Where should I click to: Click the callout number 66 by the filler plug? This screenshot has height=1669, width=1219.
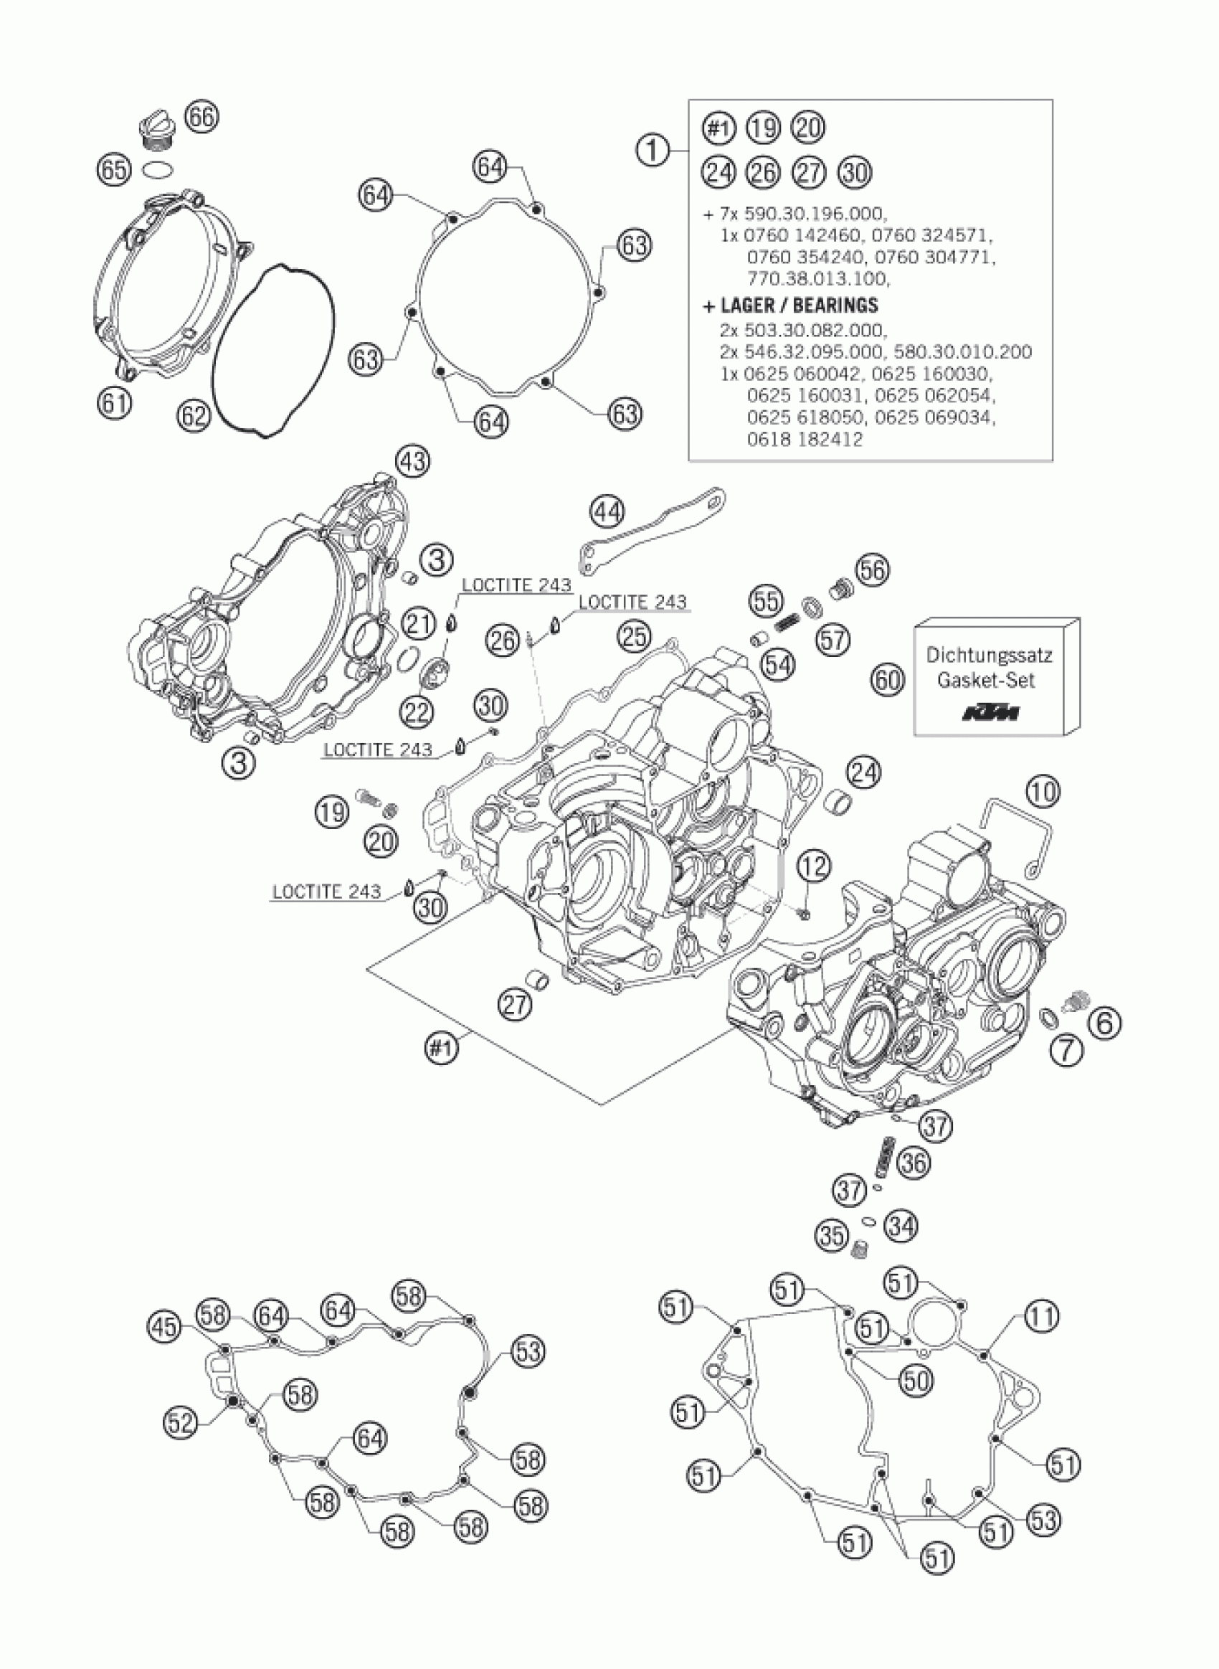[x=201, y=117]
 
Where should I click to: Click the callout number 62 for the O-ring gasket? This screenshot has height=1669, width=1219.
[x=194, y=416]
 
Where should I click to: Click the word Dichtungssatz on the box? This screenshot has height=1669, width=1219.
[x=990, y=655]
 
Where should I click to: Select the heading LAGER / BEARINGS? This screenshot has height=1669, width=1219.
[x=790, y=305]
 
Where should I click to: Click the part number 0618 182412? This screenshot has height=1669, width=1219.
[x=805, y=439]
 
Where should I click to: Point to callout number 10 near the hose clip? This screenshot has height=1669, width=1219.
[x=1042, y=793]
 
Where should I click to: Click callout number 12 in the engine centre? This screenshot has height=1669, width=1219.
[x=813, y=866]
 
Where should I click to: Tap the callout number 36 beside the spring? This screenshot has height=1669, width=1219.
[x=914, y=1163]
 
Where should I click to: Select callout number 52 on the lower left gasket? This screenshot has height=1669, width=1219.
[x=179, y=1423]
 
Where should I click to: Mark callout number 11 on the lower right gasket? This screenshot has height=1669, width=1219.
[x=1041, y=1315]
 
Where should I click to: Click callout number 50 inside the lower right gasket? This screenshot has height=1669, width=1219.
[x=916, y=1380]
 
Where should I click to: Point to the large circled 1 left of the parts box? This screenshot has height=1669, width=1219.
[x=653, y=151]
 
